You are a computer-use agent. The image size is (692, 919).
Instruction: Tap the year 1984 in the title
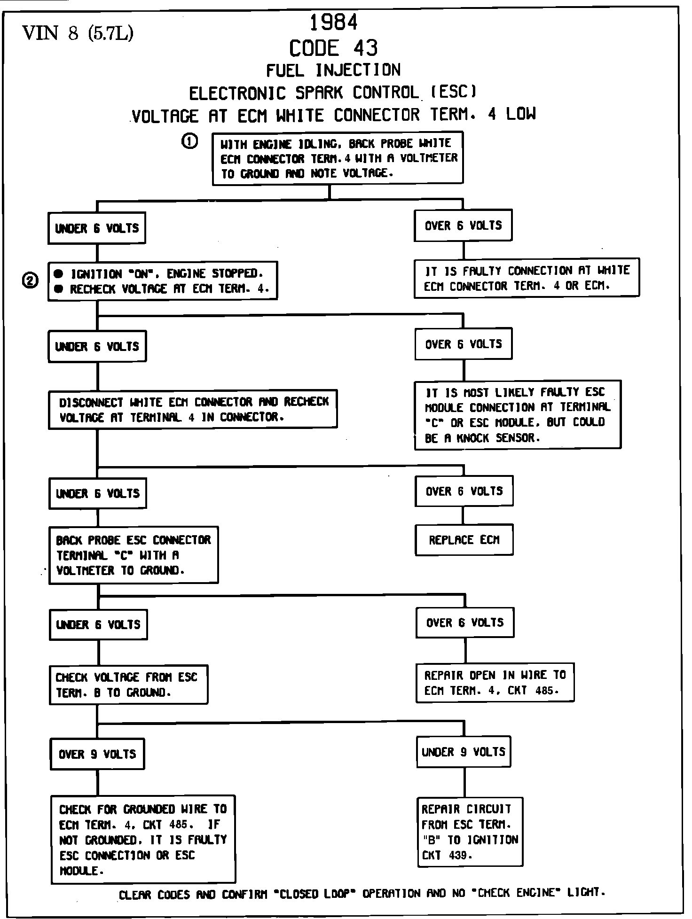coord(334,23)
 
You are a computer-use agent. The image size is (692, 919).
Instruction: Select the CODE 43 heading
coord(333,48)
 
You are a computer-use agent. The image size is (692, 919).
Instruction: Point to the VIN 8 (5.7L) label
coord(78,33)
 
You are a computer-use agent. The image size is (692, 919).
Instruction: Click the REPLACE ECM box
coord(464,540)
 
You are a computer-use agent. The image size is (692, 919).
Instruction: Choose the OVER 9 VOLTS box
coord(97,754)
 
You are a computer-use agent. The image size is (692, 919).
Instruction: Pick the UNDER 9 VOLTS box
coord(463,752)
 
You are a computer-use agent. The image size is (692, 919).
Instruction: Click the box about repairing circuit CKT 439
coord(470,832)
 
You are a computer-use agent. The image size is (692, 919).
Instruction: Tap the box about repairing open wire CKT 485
coord(495,683)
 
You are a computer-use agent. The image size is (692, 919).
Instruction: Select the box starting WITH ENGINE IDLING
coord(338,158)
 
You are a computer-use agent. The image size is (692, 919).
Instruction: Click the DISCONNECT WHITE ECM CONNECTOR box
coord(193,409)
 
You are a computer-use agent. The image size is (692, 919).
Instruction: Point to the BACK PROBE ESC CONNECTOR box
coord(134,555)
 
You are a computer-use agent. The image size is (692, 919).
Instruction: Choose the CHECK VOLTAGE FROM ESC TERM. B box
coord(128,685)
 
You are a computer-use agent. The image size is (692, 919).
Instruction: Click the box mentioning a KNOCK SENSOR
coord(517,415)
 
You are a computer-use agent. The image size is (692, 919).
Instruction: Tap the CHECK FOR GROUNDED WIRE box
coord(143,839)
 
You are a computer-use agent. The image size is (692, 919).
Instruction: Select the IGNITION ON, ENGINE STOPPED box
coord(163,281)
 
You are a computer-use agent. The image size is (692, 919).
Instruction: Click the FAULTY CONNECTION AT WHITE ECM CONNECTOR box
coord(527,278)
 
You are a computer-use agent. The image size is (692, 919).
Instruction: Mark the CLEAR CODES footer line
coord(362,893)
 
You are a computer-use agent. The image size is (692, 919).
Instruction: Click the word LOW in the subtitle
coord(521,114)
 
